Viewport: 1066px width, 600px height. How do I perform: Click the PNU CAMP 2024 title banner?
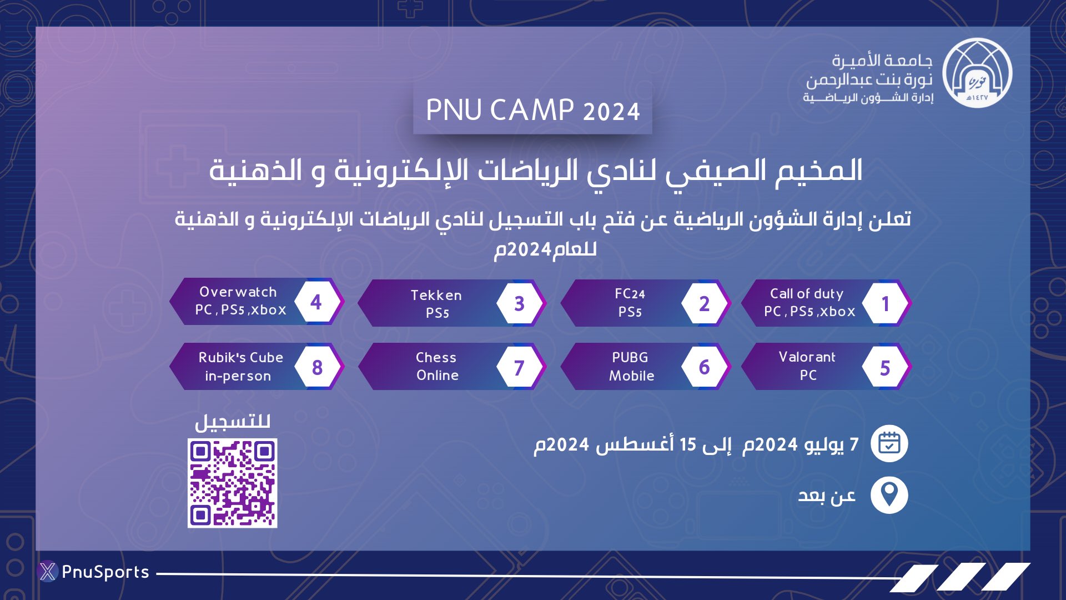532,110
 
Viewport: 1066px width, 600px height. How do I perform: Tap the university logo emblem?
977,73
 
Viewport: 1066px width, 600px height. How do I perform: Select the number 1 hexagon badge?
886,303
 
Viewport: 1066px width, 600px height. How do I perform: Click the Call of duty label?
806,294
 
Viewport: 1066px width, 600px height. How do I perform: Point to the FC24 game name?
630,294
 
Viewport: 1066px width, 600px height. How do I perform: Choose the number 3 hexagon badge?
519,303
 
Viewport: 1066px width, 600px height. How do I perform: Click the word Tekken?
436,295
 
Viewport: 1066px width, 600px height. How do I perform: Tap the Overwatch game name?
238,292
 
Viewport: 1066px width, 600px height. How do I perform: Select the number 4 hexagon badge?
316,302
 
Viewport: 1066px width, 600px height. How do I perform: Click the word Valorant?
807,357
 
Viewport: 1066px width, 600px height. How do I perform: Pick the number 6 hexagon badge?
704,367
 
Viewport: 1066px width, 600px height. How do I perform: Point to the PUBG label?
630,357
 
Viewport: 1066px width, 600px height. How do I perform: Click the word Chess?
436,357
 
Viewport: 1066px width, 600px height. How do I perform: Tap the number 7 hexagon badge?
519,367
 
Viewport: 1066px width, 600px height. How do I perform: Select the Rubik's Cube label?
241,357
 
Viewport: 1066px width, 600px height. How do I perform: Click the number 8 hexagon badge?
317,367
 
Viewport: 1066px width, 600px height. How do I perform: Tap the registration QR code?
232,483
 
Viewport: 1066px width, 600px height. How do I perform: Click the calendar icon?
889,444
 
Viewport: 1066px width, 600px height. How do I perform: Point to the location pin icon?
889,494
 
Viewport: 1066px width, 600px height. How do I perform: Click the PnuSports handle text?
105,572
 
